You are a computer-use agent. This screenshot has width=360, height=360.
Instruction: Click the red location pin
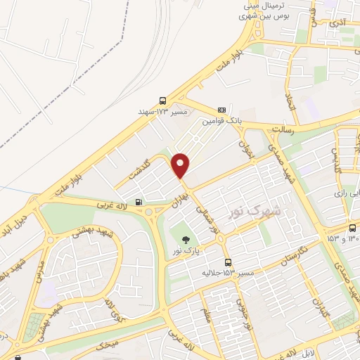181,165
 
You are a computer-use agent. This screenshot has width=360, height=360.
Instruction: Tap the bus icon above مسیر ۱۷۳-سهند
163,101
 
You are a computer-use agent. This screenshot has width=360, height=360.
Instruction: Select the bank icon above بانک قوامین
222,110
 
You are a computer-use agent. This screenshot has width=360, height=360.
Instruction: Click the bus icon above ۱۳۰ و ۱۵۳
352,227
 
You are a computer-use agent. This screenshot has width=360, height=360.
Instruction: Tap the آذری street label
339,24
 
